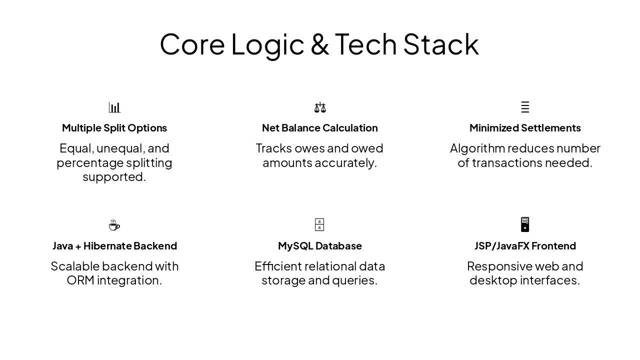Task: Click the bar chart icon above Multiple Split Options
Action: [x=114, y=107]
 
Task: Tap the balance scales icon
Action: [x=320, y=107]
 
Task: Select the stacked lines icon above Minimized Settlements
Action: [x=525, y=107]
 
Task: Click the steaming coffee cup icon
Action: [x=114, y=225]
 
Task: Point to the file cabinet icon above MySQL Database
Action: [x=319, y=224]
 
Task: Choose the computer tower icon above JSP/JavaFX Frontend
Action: [x=525, y=224]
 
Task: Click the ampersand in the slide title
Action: [x=319, y=44]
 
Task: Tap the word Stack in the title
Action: [x=441, y=44]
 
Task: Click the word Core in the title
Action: [x=192, y=44]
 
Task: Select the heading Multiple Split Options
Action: [x=114, y=128]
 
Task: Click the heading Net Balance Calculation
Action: [x=319, y=128]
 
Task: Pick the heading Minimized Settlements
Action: [x=525, y=128]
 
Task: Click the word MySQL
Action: [x=295, y=246]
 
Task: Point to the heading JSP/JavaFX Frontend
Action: [x=525, y=246]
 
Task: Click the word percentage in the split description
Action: [x=90, y=163]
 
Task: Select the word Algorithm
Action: [x=477, y=148]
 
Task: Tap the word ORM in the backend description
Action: [x=80, y=280]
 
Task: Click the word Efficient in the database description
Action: [x=278, y=266]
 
